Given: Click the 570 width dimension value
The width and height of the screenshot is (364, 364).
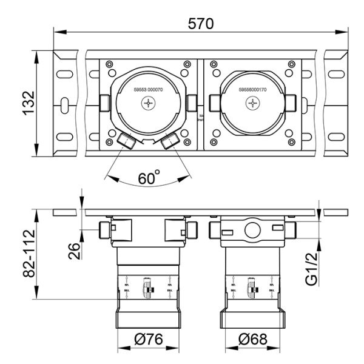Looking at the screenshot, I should pos(200,23).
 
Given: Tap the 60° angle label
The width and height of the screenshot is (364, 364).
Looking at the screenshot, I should pos(149,180).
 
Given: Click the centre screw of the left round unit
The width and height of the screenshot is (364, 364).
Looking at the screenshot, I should pos(149,104).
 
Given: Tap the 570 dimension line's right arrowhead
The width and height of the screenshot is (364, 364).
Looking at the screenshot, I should pos(346,32).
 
